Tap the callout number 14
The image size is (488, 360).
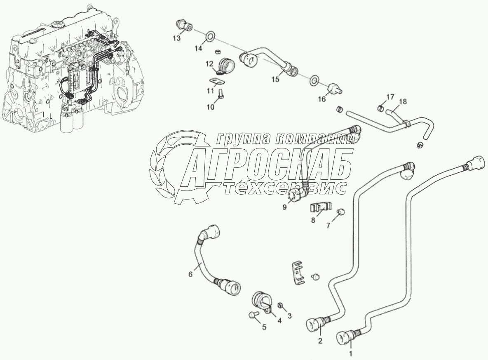click(199, 48)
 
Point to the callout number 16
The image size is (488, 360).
click(322, 99)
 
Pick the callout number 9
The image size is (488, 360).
click(284, 207)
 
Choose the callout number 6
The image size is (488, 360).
click(190, 274)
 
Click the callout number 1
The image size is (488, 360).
click(351, 353)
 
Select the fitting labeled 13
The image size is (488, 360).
click(184, 25)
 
